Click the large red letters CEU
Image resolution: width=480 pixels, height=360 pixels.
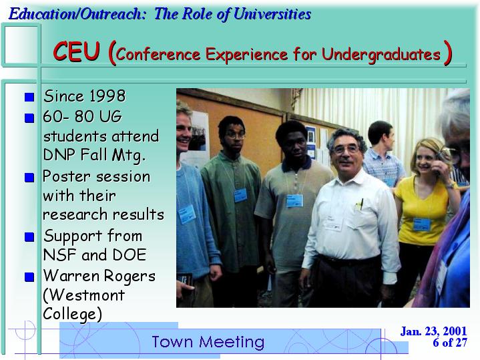(76, 51)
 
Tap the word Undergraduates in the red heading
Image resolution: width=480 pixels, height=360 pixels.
(381, 55)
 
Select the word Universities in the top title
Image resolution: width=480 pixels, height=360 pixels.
(272, 14)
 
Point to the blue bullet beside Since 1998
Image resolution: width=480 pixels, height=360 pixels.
(29, 97)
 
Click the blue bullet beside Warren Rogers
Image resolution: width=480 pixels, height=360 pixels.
(29, 277)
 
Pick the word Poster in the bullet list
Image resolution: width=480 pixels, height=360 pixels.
(67, 176)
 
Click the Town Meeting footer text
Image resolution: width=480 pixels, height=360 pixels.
(208, 341)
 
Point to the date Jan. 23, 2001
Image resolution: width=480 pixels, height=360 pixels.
(433, 331)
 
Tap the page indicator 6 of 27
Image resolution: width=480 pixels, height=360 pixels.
(450, 343)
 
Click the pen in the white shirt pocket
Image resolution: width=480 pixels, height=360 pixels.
(362, 204)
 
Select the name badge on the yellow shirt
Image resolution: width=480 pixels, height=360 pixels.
(422, 224)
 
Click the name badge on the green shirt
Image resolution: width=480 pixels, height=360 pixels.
(240, 195)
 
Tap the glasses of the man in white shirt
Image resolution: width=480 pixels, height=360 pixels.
(346, 150)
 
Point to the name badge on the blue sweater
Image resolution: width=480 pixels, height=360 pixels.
(187, 214)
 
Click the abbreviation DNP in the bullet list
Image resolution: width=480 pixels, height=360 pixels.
(59, 154)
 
